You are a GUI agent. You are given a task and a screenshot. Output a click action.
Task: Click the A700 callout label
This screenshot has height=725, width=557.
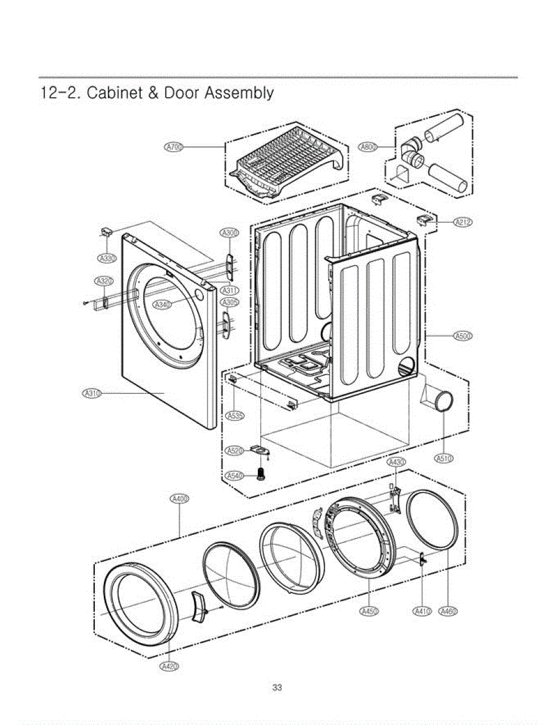pyautogui.click(x=174, y=147)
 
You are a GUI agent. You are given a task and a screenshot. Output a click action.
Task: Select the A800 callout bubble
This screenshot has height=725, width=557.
pyautogui.click(x=367, y=147)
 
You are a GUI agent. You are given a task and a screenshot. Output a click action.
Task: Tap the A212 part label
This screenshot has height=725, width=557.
pyautogui.click(x=463, y=222)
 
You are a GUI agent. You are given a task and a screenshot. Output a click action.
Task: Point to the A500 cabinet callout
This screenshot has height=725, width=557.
pyautogui.click(x=463, y=336)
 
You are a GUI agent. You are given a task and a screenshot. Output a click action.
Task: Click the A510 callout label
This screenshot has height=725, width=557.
pyautogui.click(x=444, y=459)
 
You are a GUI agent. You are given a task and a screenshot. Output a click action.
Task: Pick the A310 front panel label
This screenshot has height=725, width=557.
pyautogui.click(x=91, y=394)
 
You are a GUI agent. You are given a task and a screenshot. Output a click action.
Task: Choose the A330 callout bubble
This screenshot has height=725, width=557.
pyautogui.click(x=106, y=259)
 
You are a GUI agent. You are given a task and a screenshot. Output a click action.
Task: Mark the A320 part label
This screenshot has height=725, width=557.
pyautogui.click(x=104, y=282)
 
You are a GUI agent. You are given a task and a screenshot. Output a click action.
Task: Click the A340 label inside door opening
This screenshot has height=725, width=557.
pyautogui.click(x=162, y=304)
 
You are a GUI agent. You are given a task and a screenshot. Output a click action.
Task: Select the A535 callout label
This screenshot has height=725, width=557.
pyautogui.click(x=235, y=416)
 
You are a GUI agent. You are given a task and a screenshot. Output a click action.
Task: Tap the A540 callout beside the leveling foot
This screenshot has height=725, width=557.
pyautogui.click(x=234, y=476)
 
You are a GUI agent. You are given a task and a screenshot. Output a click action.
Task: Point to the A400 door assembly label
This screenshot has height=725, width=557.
pyautogui.click(x=179, y=499)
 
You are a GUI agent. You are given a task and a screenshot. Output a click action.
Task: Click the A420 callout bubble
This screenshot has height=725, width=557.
pyautogui.click(x=169, y=666)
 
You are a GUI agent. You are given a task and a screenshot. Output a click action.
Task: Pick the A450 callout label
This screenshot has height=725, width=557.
pyautogui.click(x=369, y=612)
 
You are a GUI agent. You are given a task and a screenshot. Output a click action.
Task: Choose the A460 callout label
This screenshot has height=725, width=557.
pyautogui.click(x=448, y=612)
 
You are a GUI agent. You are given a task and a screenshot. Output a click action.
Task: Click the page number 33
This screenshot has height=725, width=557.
pyautogui.click(x=277, y=688)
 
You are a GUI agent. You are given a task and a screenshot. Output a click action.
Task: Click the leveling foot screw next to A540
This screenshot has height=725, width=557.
pyautogui.click(x=262, y=474)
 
